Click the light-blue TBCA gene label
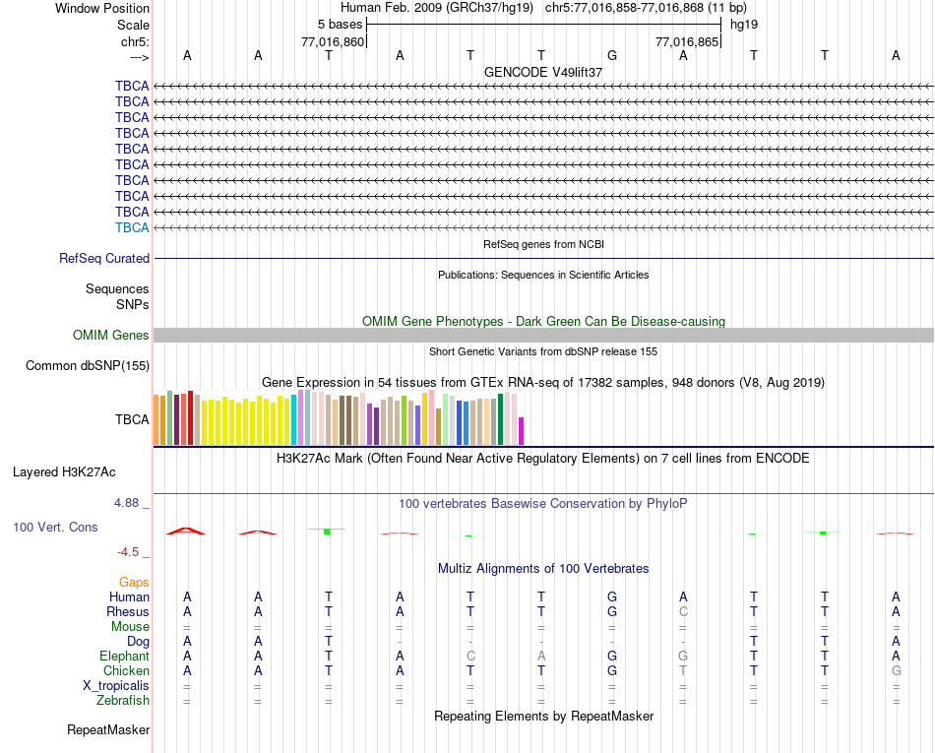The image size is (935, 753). (x=132, y=227)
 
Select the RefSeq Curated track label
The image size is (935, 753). (x=104, y=259)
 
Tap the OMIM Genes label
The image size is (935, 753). (x=111, y=336)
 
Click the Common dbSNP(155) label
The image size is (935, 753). (x=87, y=366)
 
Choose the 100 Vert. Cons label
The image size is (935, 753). (x=55, y=528)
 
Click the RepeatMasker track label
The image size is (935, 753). (x=108, y=730)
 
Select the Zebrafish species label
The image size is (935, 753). (x=123, y=701)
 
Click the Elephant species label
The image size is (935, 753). (x=124, y=657)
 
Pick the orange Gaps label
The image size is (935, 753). (x=134, y=583)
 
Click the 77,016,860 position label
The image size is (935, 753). (x=333, y=42)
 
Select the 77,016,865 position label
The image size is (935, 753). (x=687, y=42)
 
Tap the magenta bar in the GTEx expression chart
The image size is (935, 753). (x=522, y=431)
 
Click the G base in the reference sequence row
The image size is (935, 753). (x=612, y=55)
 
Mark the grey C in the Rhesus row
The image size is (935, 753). (x=683, y=612)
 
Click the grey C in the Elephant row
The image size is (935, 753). (x=470, y=657)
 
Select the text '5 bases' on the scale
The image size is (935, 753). (x=341, y=24)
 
